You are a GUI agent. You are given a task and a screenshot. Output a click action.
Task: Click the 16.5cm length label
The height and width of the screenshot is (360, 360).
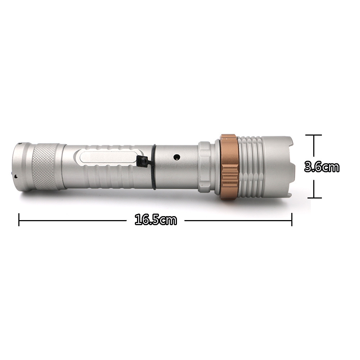[156, 220]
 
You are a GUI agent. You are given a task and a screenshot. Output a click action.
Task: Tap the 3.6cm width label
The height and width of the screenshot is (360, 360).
[322, 167]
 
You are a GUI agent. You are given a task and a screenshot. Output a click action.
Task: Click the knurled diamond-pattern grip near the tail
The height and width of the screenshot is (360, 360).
[45, 167]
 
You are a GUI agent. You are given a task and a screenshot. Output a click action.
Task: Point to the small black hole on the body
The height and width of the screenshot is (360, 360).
[176, 157]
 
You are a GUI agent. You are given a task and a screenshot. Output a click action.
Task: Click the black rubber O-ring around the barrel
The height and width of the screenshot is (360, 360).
[154, 167]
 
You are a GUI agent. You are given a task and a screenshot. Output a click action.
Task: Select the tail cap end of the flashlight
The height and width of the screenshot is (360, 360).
[22, 167]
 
